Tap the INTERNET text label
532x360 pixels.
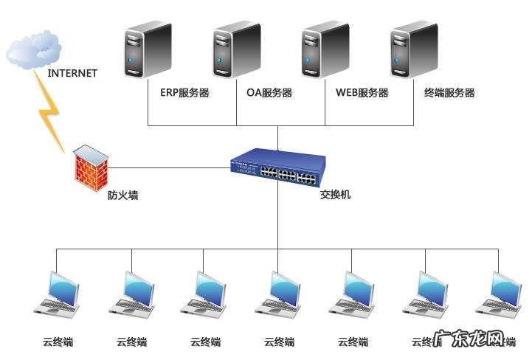click(72, 73)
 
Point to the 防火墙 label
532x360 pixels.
click(122, 196)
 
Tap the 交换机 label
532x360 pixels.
click(336, 196)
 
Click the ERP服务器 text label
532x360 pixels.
click(184, 93)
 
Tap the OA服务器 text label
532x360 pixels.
click(269, 93)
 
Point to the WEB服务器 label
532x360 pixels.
click(362, 93)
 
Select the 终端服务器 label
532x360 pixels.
click(449, 93)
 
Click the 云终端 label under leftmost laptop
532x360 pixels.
click(58, 342)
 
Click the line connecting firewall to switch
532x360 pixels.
click(170, 167)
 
